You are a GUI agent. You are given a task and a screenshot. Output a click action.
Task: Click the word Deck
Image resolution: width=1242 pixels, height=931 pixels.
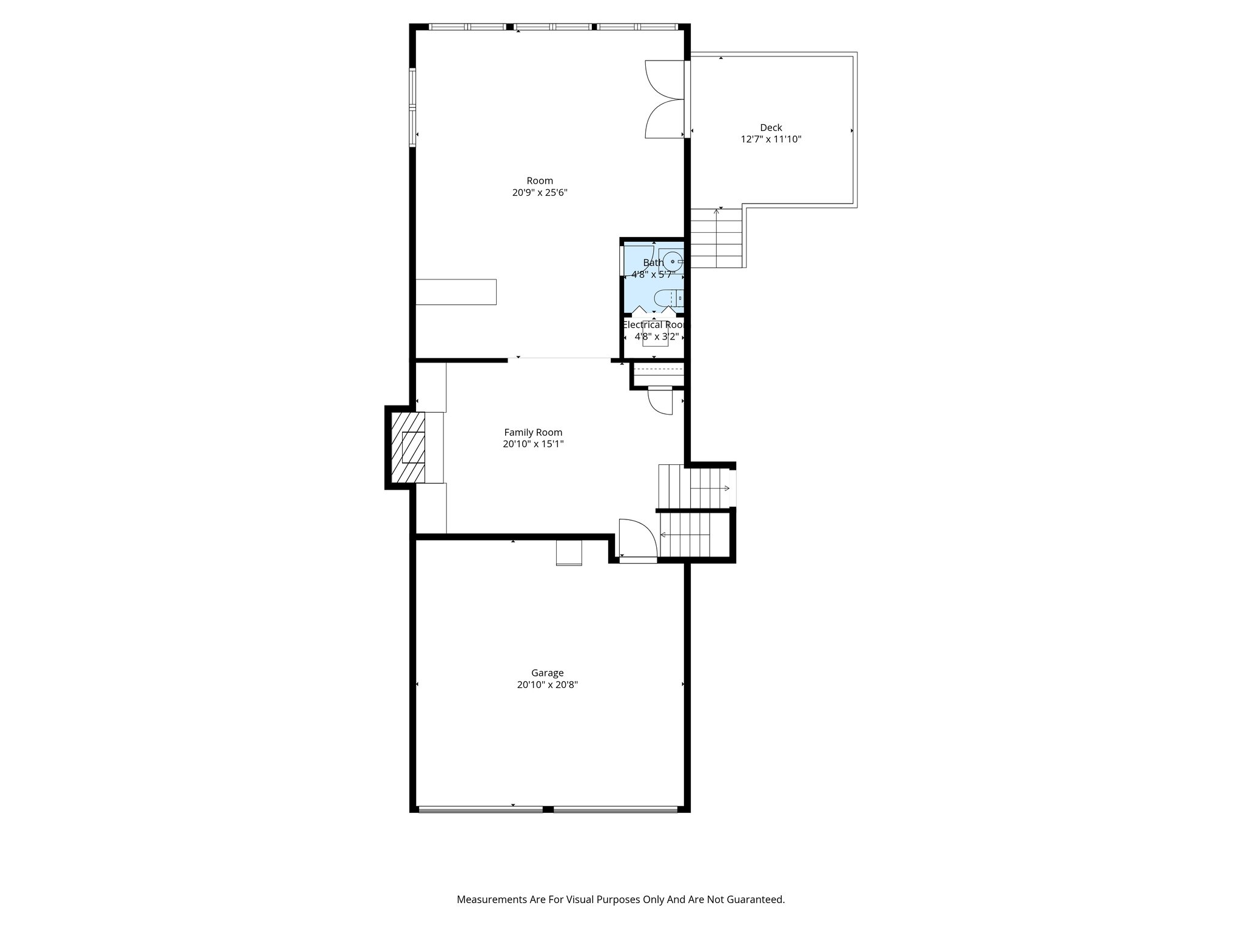coord(771,127)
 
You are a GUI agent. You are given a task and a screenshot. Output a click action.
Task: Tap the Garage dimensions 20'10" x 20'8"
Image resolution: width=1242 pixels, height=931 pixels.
coord(547,684)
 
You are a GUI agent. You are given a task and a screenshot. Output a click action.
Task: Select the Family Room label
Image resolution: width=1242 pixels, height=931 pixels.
coord(533,432)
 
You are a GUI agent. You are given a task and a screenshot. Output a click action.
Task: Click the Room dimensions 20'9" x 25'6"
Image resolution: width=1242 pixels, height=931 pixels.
coord(540,193)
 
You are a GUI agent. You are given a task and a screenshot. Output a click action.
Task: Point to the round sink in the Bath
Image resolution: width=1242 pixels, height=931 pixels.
coord(671,262)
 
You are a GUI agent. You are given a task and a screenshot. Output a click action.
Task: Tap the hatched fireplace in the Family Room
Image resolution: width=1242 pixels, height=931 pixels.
coord(408,447)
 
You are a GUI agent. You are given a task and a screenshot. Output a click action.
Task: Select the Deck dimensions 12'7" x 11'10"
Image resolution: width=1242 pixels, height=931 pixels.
coord(771,139)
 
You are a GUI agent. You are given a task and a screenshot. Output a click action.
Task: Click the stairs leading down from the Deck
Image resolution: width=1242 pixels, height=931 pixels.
coord(717,238)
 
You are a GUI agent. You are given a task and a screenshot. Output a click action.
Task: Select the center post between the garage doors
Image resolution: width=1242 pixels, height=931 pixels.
coord(548,809)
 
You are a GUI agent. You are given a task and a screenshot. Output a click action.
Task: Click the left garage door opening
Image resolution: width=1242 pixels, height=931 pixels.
coord(480,809)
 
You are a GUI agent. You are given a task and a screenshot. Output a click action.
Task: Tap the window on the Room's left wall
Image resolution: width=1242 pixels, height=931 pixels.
coord(412,108)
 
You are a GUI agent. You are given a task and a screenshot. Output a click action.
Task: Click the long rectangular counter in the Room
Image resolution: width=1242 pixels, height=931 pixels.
coord(455,292)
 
